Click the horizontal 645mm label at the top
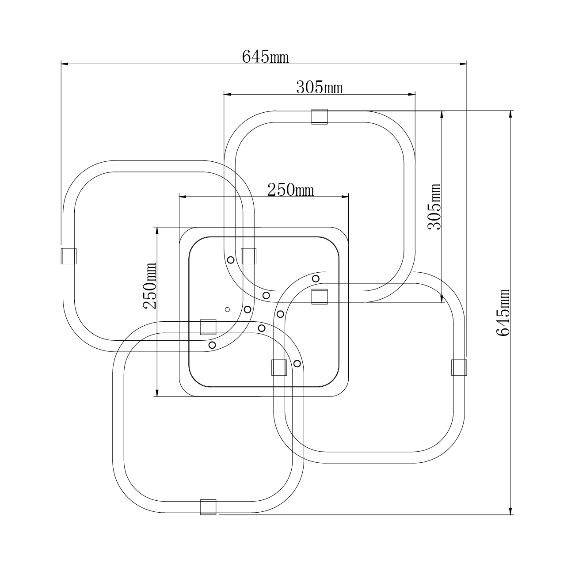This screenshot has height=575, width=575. [x=265, y=57]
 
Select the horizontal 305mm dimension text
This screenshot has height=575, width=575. [x=319, y=88]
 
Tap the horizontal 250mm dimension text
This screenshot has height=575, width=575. [x=290, y=190]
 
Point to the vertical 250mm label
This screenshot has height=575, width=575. [x=149, y=286]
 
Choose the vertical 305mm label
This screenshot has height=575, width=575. [x=434, y=206]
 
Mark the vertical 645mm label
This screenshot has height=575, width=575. [x=503, y=312]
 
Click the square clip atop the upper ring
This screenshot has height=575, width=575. [x=320, y=116]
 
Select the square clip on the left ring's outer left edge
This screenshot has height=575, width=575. [x=69, y=256]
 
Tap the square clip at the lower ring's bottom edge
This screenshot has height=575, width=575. [x=208, y=507]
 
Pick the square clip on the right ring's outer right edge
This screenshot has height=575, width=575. [x=459, y=368]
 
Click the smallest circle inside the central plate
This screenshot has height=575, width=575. [x=228, y=309]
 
